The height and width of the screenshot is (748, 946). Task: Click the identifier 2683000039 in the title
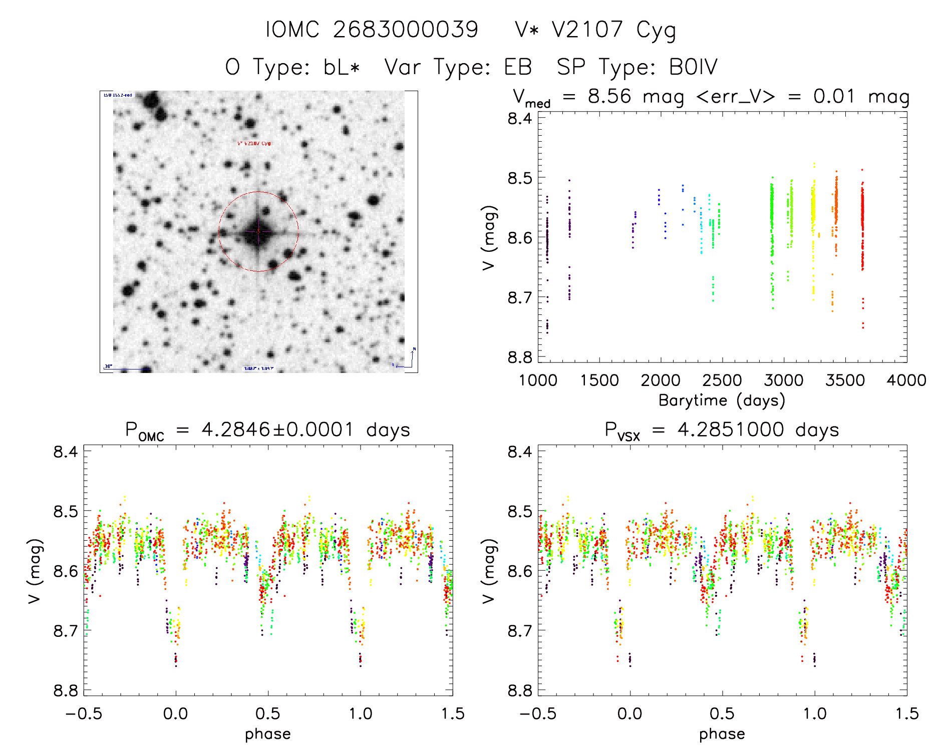[406, 30]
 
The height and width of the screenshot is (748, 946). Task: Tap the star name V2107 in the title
[587, 30]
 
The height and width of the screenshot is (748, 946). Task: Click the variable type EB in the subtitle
[518, 67]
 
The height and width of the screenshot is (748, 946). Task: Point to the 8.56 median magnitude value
[609, 96]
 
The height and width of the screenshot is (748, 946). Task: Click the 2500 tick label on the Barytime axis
[722, 381]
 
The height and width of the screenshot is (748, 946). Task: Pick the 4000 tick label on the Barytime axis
[906, 381]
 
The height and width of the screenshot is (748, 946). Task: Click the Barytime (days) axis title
[722, 401]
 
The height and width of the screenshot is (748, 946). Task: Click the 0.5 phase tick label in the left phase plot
[268, 713]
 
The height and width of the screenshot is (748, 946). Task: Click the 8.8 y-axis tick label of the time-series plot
[520, 357]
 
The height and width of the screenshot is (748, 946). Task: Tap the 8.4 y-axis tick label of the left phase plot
[66, 452]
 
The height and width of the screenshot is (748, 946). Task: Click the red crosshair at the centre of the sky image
[258, 231]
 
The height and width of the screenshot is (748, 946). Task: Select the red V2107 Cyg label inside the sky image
[254, 143]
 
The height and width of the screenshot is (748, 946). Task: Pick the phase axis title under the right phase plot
[722, 734]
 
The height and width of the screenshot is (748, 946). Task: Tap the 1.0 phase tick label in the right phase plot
[815, 713]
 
